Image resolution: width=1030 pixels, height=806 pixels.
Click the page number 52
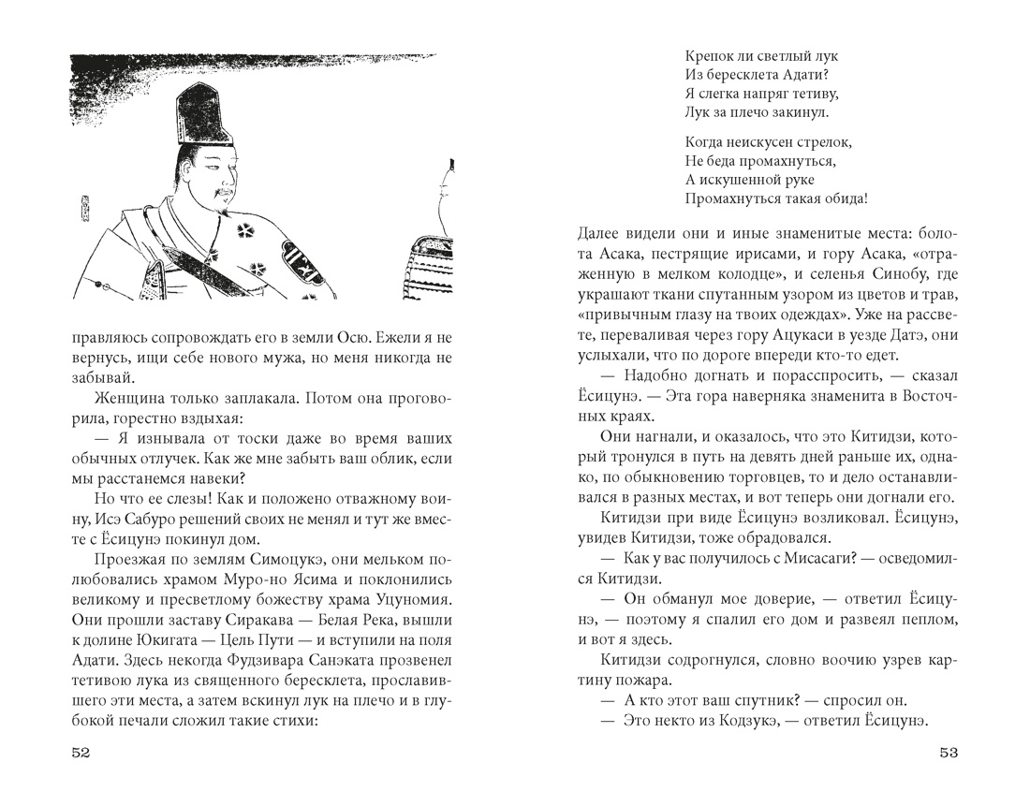click(x=80, y=755)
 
